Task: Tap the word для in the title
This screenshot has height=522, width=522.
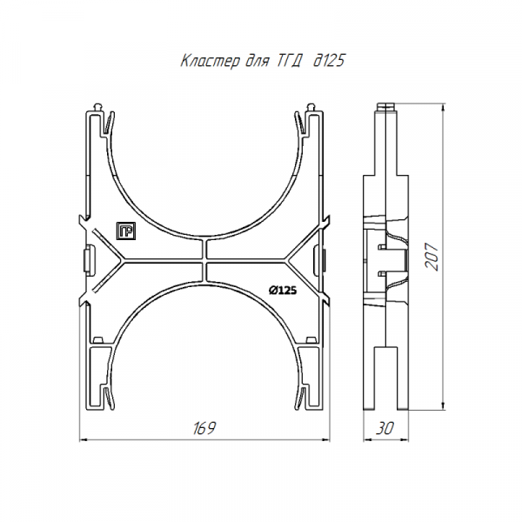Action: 257,62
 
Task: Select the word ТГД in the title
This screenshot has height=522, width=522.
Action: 289,61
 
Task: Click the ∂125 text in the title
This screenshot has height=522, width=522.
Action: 329,61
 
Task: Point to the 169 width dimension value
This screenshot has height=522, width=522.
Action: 204,428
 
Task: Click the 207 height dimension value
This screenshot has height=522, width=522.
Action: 432,257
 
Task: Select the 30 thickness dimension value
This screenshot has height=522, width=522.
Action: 385,428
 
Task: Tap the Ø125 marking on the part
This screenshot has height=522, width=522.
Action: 283,291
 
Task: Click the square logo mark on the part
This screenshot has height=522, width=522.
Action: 126,231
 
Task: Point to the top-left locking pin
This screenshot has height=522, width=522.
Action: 99,108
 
